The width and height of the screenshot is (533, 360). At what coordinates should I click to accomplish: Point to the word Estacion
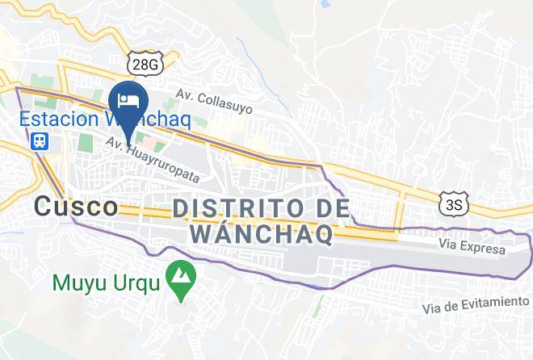click(x=52, y=119)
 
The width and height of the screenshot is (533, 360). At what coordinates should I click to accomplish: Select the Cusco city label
click(x=76, y=207)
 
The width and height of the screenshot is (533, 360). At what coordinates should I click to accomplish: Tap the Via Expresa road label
click(x=473, y=244)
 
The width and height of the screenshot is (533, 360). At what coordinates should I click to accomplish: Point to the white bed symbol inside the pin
click(x=128, y=99)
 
